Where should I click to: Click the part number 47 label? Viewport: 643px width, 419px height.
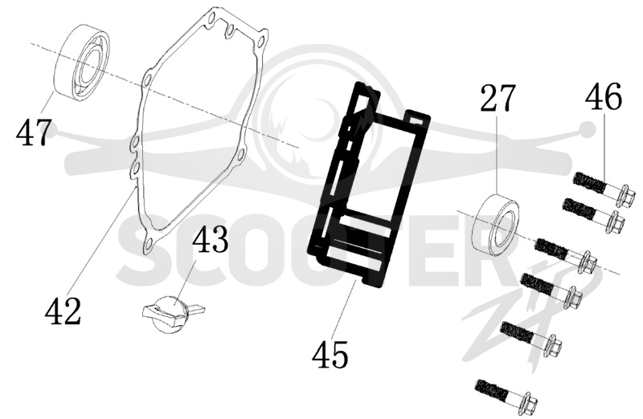click(x=34, y=132)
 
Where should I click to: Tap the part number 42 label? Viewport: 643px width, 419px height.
click(x=63, y=311)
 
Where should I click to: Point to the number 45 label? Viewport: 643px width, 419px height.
click(x=330, y=354)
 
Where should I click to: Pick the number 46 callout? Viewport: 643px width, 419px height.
click(x=603, y=96)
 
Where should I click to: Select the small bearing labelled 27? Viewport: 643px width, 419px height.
click(x=496, y=222)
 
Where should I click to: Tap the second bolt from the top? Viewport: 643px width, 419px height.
click(x=594, y=214)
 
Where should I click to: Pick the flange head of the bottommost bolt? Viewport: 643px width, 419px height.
click(x=527, y=402)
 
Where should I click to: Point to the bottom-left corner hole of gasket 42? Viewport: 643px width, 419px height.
click(x=149, y=245)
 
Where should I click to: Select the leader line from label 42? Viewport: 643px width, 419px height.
click(x=104, y=242)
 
